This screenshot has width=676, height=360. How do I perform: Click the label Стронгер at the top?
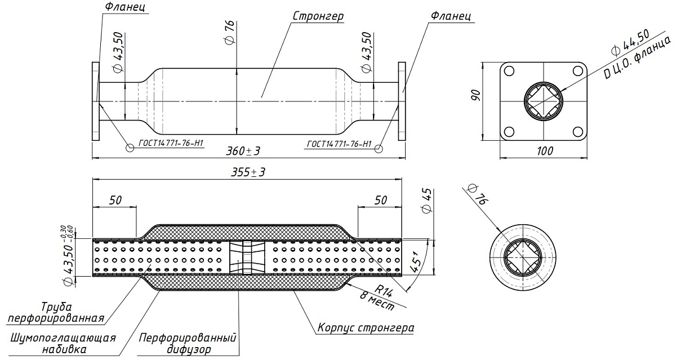[318, 16]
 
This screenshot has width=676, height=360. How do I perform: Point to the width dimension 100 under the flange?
[544, 150]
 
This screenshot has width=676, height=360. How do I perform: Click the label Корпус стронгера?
[366, 327]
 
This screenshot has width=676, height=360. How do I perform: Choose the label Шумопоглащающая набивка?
[63, 344]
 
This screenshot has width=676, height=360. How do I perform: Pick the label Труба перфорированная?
[56, 313]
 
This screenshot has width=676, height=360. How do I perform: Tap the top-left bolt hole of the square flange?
[509, 72]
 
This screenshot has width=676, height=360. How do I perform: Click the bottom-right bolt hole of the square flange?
[577, 132]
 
